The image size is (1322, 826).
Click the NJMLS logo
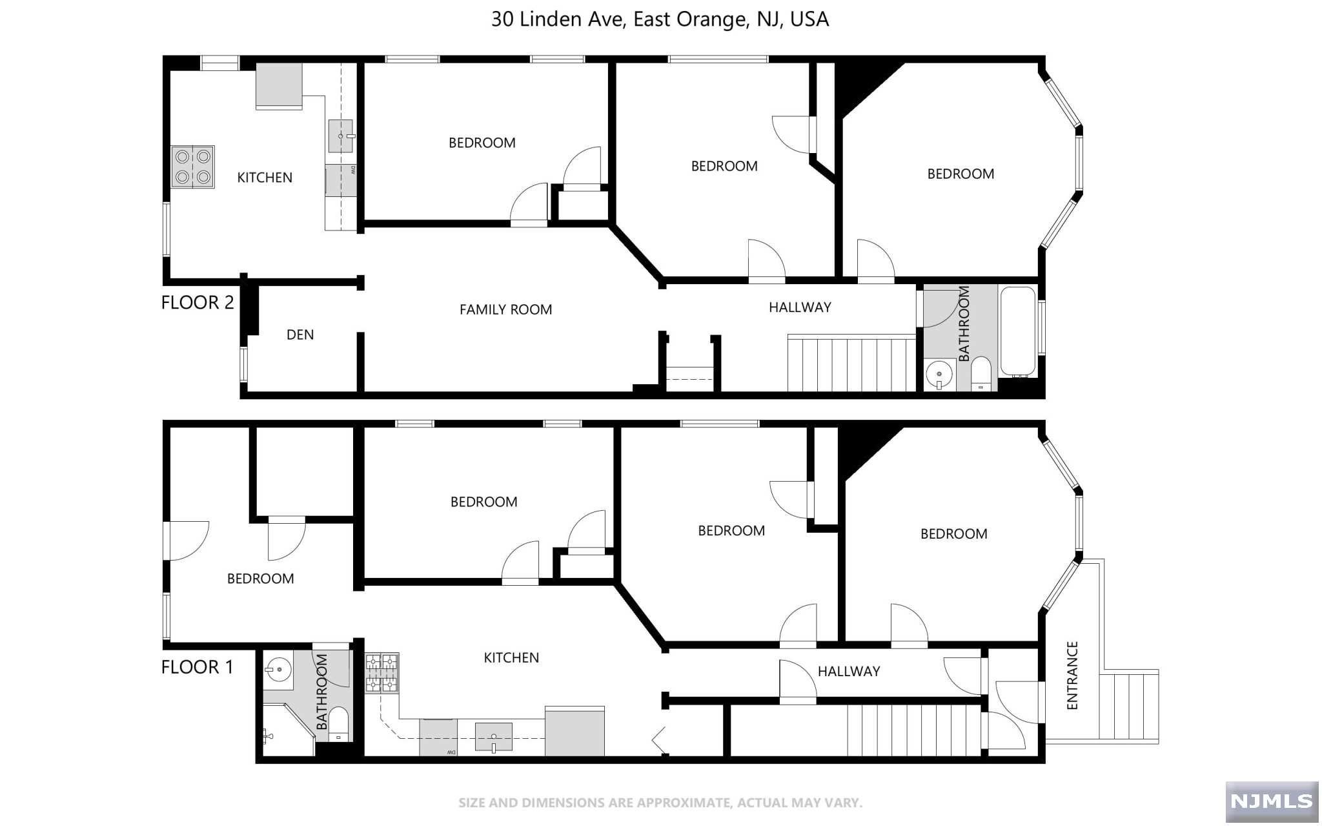point(1271,801)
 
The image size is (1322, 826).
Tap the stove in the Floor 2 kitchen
point(192,167)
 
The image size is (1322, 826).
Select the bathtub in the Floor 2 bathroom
point(1018,331)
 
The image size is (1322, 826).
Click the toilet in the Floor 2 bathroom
point(981,373)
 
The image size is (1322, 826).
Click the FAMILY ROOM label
point(505,309)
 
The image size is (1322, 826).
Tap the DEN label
point(300,335)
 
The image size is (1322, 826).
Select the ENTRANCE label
point(1072,676)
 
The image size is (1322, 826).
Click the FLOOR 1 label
point(197,667)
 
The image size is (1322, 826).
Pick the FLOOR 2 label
point(197,302)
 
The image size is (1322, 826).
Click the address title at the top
point(660,19)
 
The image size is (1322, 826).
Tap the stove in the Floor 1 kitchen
point(382,673)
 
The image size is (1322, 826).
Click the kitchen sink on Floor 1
point(494,737)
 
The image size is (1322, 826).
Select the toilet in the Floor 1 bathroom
point(338,724)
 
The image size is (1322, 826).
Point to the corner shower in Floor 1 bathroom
point(288,730)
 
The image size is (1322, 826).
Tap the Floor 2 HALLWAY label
point(800,307)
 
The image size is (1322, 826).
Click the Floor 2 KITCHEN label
point(265,178)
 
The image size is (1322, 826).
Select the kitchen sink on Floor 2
point(340,136)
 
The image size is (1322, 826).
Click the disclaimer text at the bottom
point(660,803)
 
